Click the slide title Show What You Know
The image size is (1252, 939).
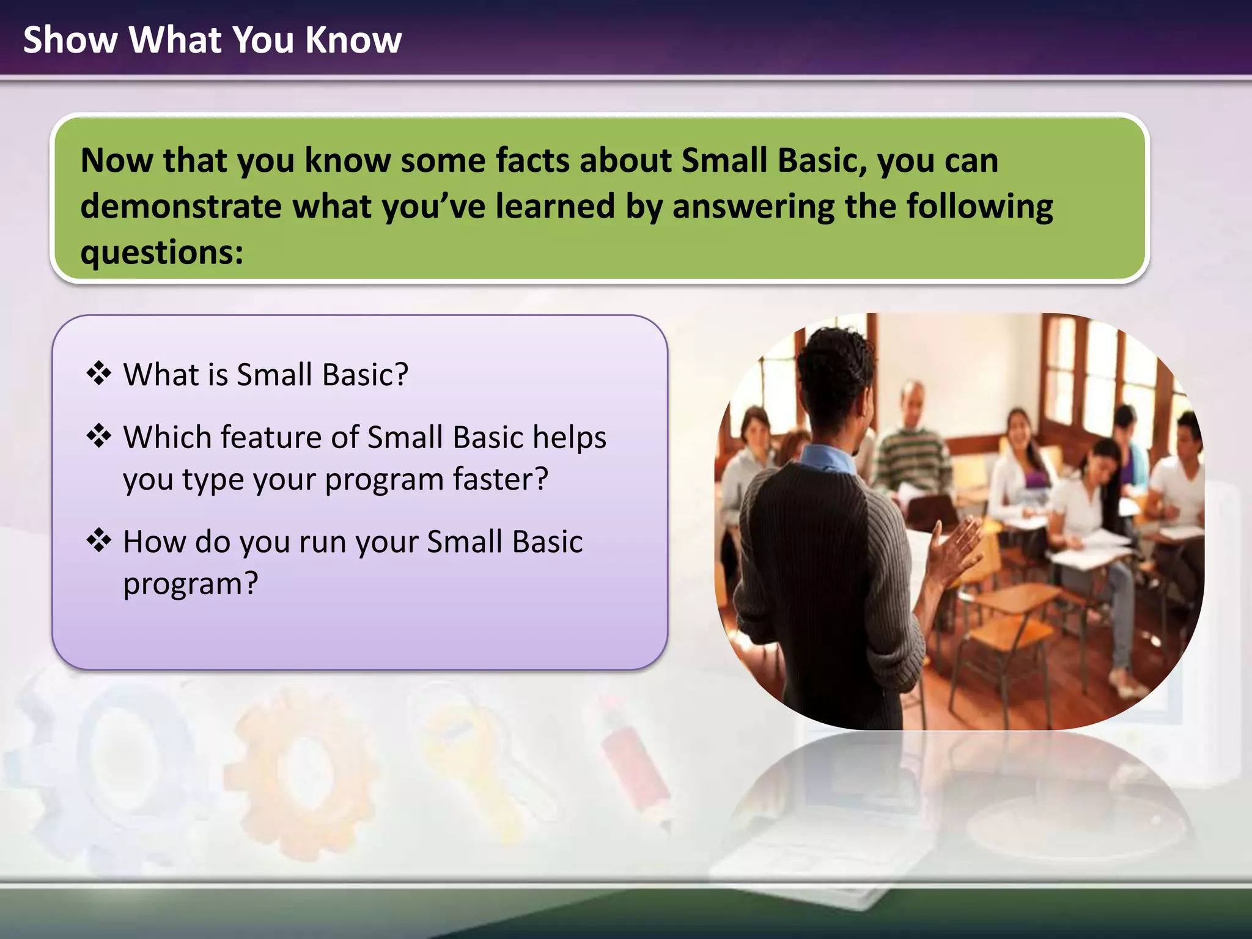[x=212, y=40]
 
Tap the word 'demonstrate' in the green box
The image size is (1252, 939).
[x=180, y=207]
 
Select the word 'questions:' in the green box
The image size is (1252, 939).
[x=162, y=252]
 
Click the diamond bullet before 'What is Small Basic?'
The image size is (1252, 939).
[x=99, y=374]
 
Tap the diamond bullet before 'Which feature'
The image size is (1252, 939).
[x=99, y=436]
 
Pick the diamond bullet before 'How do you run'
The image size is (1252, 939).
[x=99, y=540]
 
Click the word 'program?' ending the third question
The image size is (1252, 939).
[x=191, y=584]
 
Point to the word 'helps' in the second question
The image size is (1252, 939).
[x=569, y=438]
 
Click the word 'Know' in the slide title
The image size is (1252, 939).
[x=353, y=40]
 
